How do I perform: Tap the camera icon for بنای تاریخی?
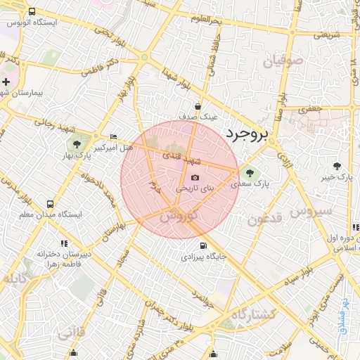(x=195, y=177)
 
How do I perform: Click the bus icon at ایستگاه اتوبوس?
(x=32, y=12)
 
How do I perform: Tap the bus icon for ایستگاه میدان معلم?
(x=49, y=203)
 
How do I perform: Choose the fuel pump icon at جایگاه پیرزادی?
(x=203, y=246)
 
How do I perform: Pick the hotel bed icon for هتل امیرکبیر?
(x=114, y=136)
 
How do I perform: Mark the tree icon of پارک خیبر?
(x=337, y=166)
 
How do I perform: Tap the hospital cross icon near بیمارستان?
(x=6, y=82)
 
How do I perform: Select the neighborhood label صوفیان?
(x=283, y=62)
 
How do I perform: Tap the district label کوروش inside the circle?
(x=179, y=219)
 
